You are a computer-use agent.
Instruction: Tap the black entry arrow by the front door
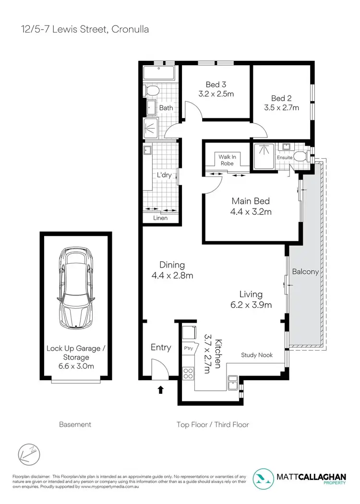tap(160, 390)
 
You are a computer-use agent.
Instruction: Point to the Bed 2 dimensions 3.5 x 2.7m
tap(282, 108)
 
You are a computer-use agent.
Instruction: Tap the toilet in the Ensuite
tap(300, 156)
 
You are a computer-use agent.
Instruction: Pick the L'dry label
tap(164, 175)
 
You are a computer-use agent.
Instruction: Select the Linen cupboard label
tap(160, 218)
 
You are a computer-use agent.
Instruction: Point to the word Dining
tap(172, 265)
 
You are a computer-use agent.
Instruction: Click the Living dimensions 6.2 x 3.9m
tap(251, 305)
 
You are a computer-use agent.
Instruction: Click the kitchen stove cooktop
tap(188, 372)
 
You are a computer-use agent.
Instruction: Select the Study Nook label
tap(257, 355)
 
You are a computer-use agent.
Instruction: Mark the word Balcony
tap(305, 271)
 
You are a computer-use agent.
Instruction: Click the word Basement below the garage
tap(75, 424)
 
